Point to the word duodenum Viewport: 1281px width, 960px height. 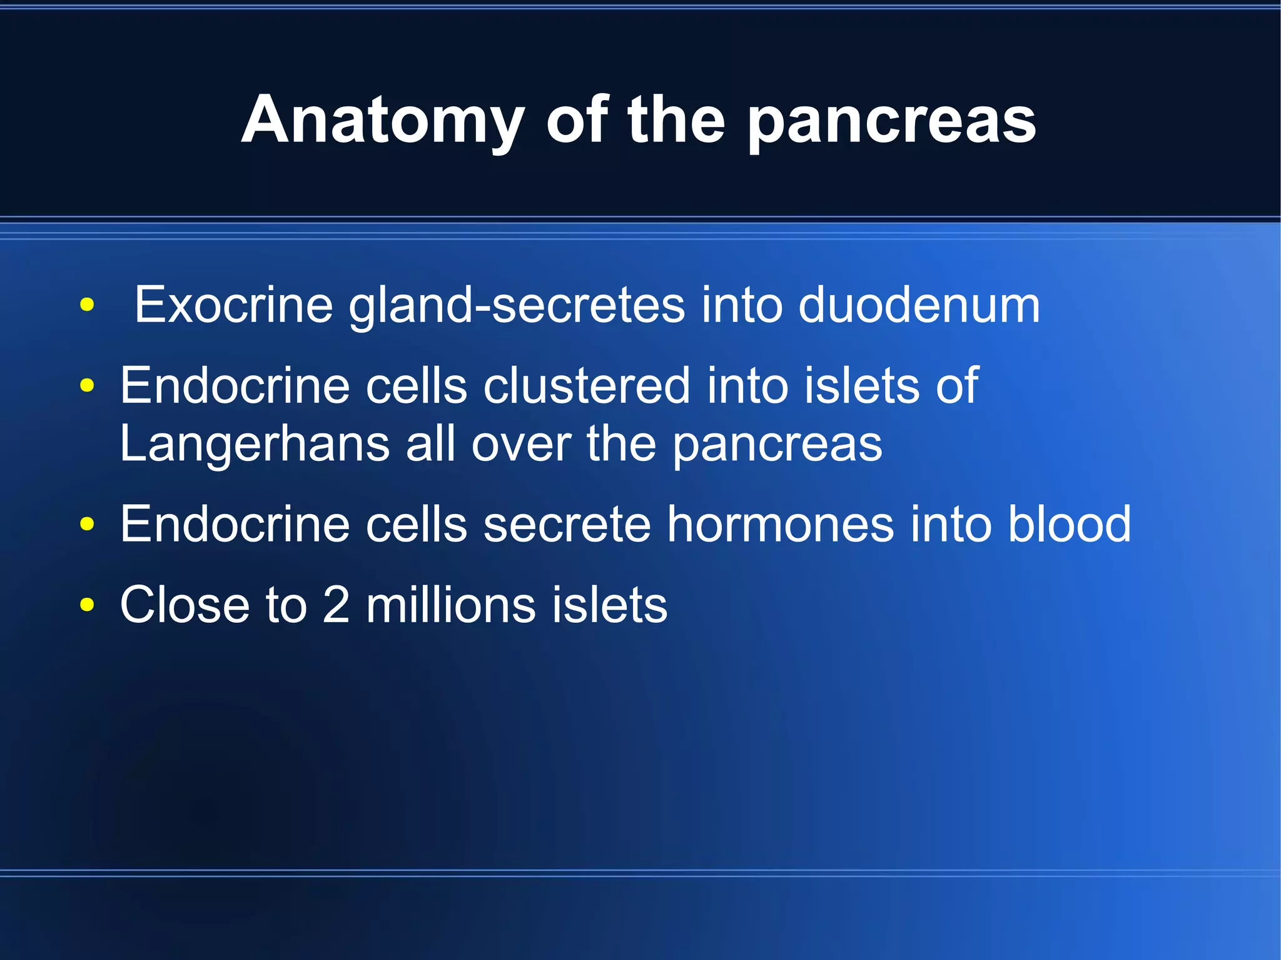pos(919,305)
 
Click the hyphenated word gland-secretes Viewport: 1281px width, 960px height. pos(517,306)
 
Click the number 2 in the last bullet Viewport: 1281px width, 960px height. pos(337,605)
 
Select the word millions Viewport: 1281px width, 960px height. pos(450,605)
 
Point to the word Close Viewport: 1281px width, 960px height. pos(185,605)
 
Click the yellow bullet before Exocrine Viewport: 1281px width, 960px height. pos(87,306)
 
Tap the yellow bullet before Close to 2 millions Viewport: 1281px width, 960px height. pos(87,605)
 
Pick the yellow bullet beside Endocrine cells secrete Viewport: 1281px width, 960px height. pos(87,524)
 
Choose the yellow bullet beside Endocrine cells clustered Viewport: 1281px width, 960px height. pos(87,385)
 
